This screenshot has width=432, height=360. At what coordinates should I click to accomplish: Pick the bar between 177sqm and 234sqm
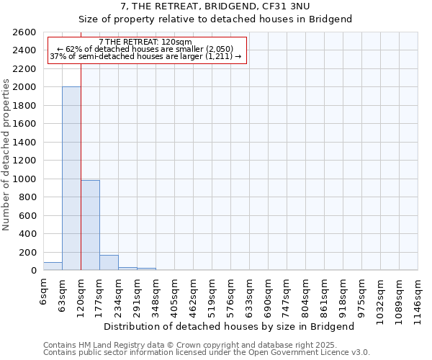tap(109, 263)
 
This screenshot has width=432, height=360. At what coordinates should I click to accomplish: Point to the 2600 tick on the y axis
tap(24, 32)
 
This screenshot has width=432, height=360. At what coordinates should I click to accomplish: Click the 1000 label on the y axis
tap(24, 179)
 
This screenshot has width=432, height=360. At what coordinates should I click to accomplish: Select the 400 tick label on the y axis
tap(27, 234)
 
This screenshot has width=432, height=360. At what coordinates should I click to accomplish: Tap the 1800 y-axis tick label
tap(24, 106)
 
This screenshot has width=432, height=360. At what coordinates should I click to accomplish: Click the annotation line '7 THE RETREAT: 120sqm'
tap(145, 42)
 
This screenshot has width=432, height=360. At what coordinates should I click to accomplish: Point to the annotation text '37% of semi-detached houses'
tap(145, 56)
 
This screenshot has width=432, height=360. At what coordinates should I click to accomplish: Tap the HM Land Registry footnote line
tap(206, 345)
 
